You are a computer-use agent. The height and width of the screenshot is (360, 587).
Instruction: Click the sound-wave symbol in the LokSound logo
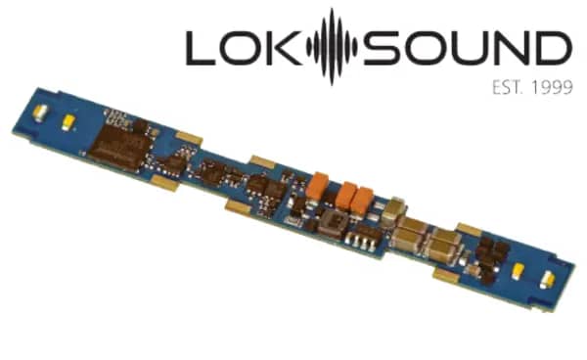click(x=332, y=47)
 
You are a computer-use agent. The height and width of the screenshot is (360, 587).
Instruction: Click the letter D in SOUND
click(x=552, y=48)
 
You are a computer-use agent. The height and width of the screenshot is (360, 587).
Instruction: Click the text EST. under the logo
click(x=507, y=88)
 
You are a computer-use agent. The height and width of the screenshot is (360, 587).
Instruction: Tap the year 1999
click(x=552, y=88)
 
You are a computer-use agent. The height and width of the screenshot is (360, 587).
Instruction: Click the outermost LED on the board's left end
click(x=40, y=112)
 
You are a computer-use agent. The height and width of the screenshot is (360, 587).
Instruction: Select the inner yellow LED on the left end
click(x=68, y=122)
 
